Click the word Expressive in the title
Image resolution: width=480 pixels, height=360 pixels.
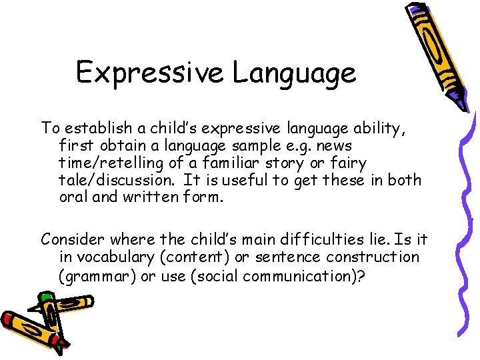point(151,72)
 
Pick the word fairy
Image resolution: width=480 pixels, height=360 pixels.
point(347,163)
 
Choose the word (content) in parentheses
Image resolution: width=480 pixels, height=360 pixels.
point(199,257)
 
